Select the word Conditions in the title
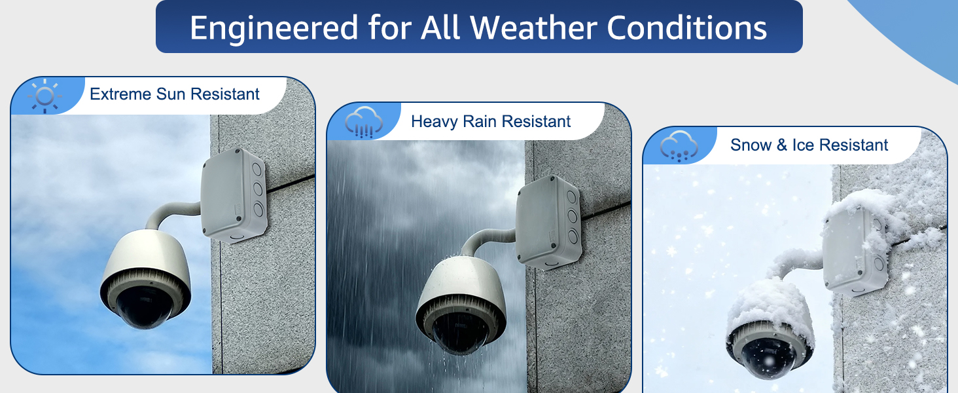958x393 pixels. pos(686,28)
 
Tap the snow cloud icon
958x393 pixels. pos(679,146)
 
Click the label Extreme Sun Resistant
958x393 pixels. pos(175,94)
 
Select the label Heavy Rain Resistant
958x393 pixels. pos(491,122)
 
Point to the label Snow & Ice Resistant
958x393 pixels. pos(809,145)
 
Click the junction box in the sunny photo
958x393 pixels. pos(234,194)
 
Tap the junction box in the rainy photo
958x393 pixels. pos(549,222)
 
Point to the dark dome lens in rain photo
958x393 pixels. pos(461,333)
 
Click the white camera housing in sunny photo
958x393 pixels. pos(145,259)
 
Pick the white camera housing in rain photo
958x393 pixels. pos(461,285)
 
